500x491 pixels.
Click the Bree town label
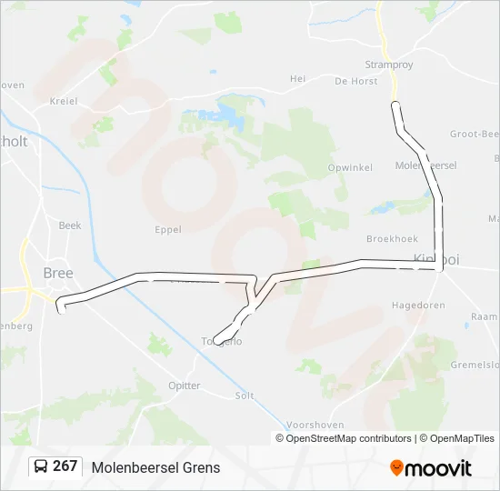[x=58, y=273]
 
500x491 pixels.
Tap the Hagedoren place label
[x=418, y=306]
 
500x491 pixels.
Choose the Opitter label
[x=185, y=386]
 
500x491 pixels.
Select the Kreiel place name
[x=65, y=101]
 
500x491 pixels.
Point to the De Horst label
[x=355, y=81]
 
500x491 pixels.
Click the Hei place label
[x=297, y=79]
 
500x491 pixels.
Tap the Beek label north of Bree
[x=70, y=225]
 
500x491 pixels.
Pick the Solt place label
[x=245, y=396]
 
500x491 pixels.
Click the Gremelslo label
[x=475, y=364]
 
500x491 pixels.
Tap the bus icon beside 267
[x=40, y=466]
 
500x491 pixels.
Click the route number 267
[x=65, y=466]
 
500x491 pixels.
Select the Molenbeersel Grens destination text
[x=155, y=467]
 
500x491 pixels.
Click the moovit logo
[x=431, y=468]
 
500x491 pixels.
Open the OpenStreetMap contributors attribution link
[x=348, y=438]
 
